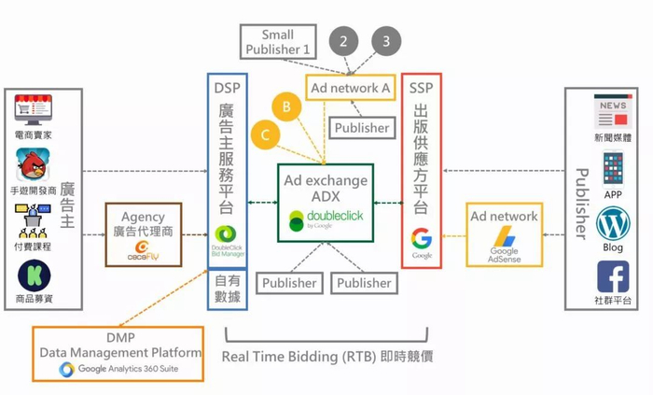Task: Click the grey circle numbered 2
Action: (x=344, y=41)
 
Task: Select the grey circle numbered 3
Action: (x=386, y=41)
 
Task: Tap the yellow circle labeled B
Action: (x=287, y=107)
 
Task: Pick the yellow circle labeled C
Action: (x=265, y=135)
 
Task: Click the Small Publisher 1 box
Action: (x=277, y=42)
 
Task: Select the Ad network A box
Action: (x=350, y=88)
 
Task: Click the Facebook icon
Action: (x=613, y=276)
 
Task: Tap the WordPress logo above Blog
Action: (x=613, y=224)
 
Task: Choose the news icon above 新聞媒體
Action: (x=612, y=114)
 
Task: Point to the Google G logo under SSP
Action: (x=421, y=240)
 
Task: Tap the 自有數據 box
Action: (x=228, y=289)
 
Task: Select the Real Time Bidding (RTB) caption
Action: (x=326, y=357)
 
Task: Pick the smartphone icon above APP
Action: (x=613, y=169)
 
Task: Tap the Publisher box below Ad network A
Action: (x=361, y=128)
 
